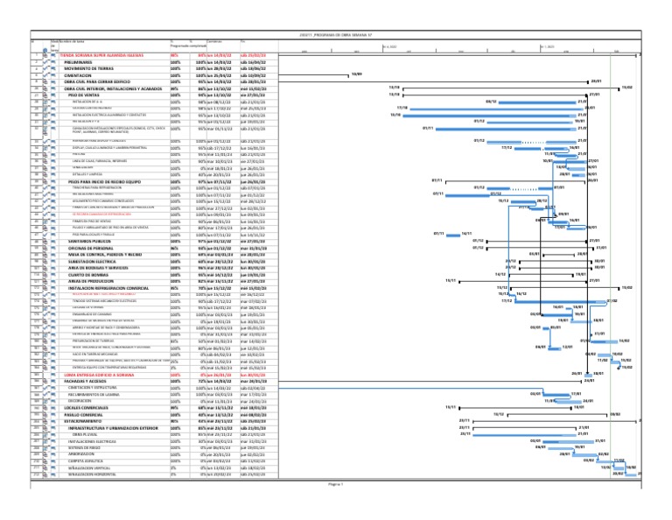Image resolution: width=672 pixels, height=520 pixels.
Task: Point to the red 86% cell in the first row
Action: click(x=174, y=54)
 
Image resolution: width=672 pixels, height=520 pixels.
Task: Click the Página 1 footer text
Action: click(x=336, y=507)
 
